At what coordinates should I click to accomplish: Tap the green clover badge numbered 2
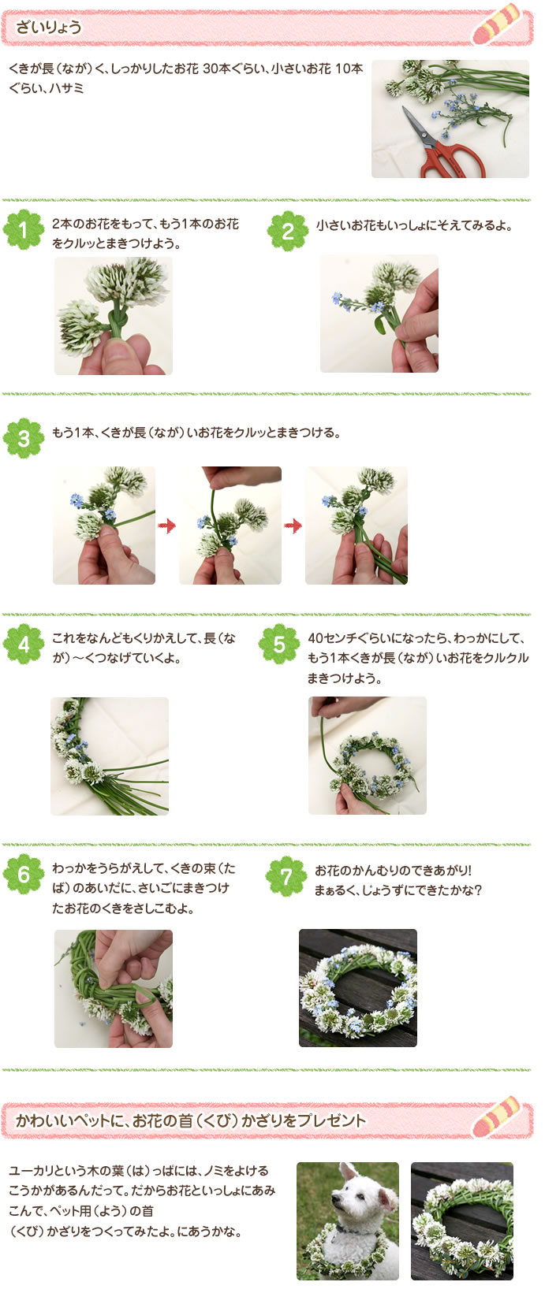287,231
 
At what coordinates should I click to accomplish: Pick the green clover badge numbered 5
278,645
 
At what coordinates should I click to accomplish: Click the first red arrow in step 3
166,526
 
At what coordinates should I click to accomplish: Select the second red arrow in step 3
293,526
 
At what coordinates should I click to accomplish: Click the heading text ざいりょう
49,28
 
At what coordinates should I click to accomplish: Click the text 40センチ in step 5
331,638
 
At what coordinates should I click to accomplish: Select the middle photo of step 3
230,526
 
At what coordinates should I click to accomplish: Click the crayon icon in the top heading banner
498,26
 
